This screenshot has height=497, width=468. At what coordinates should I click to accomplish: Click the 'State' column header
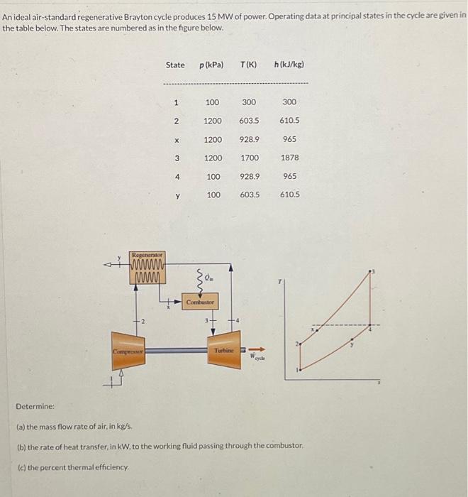coord(175,65)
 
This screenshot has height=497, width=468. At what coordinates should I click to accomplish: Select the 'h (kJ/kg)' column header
coord(289,65)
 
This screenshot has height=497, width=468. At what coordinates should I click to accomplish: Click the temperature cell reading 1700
coord(249,158)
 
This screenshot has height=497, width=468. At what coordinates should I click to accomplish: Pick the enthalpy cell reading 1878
coord(289,158)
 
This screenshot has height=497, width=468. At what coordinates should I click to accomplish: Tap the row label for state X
coord(176,139)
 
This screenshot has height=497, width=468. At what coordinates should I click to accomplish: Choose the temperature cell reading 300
coord(249,102)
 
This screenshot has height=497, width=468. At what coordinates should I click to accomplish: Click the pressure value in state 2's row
coord(213,121)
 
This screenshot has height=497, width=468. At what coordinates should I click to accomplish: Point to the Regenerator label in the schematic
coord(147,254)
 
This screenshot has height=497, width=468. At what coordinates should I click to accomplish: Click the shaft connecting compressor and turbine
coord(174,351)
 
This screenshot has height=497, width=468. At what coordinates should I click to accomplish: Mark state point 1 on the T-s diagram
coord(298,370)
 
